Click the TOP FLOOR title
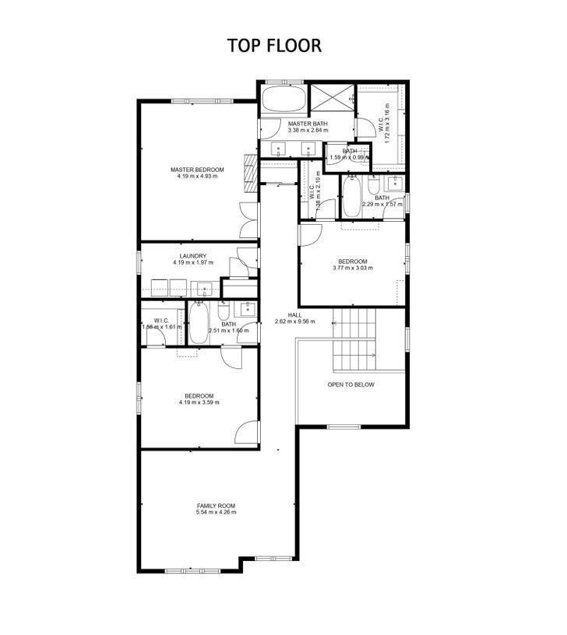pyautogui.click(x=274, y=45)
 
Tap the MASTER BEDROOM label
pyautogui.click(x=197, y=170)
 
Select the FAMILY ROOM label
pyautogui.click(x=216, y=505)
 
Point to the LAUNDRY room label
pyautogui.click(x=192, y=256)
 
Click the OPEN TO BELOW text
pyautogui.click(x=350, y=384)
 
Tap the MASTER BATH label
pyautogui.click(x=308, y=124)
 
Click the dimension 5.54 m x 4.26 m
pyautogui.click(x=216, y=512)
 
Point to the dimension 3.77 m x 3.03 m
pyautogui.click(x=353, y=268)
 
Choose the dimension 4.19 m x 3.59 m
pyautogui.click(x=198, y=402)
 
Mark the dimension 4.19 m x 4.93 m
pyautogui.click(x=197, y=177)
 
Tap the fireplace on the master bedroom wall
pyautogui.click(x=251, y=172)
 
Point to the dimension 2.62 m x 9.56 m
pyautogui.click(x=294, y=321)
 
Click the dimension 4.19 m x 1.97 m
pyautogui.click(x=192, y=263)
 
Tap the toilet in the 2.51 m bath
pyautogui.click(x=223, y=314)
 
